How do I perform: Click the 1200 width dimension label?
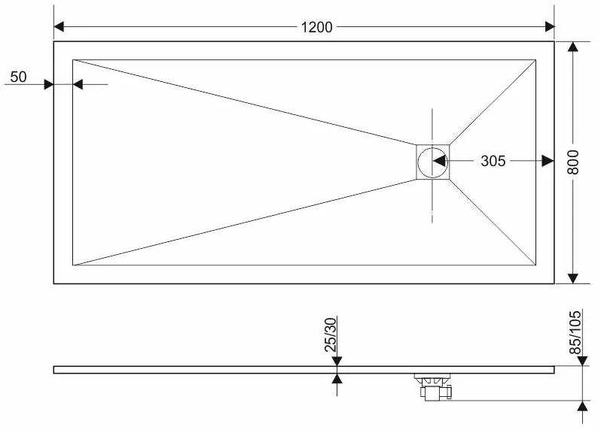tap(316, 27)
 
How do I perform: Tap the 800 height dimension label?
tap(573, 162)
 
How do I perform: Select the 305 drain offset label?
tap(493, 161)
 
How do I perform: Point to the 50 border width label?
tap(18, 77)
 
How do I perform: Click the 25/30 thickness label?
tap(331, 335)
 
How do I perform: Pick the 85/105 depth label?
tap(575, 332)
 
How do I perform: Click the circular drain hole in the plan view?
tap(432, 162)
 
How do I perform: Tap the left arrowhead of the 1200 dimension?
tap(59, 27)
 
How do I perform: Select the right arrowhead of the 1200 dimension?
tap(550, 27)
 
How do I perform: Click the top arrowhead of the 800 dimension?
tap(572, 47)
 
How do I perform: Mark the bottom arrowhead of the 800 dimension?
tap(572, 278)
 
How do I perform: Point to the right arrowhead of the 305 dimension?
tap(548, 161)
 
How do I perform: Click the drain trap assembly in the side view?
tap(434, 387)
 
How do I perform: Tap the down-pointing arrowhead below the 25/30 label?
tap(337, 361)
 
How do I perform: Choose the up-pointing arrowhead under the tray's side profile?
tap(337, 378)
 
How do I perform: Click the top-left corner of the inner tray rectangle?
tap(73, 59)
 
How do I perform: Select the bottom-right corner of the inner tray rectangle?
tap(535, 265)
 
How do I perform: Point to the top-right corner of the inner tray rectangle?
tap(535, 59)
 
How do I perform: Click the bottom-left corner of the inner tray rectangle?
tap(73, 265)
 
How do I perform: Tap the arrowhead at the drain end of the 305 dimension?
tap(439, 161)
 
